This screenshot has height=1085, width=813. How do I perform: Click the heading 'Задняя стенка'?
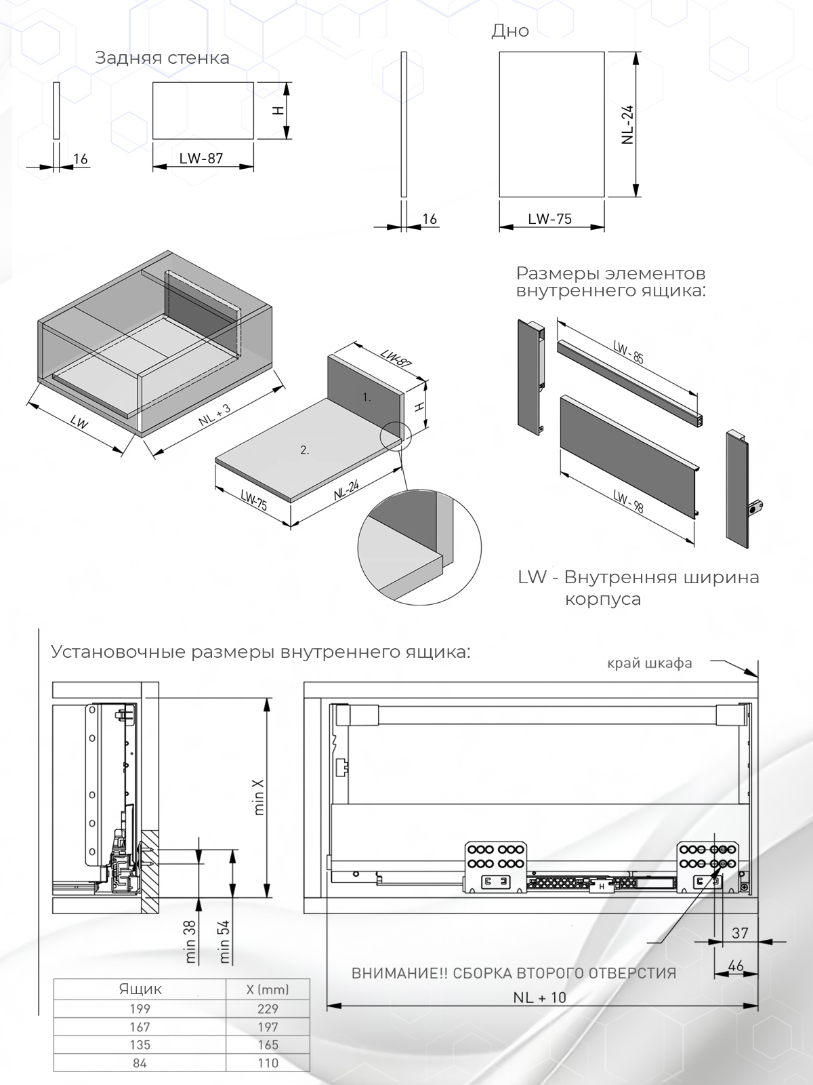162,58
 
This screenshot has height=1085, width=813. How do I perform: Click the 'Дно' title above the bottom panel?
510,31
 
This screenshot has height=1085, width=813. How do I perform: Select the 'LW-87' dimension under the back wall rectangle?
201,159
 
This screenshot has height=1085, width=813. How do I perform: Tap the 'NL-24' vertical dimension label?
627,124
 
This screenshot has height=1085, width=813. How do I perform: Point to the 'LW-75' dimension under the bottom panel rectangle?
550,219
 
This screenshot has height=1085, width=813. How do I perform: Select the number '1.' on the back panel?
367,398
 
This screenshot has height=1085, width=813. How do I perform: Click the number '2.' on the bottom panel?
305,450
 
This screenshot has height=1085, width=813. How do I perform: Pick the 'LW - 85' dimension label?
628,353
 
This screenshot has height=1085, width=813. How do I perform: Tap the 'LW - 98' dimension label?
628,500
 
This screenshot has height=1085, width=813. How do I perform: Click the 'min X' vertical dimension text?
259,796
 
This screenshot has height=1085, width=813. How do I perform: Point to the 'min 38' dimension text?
190,941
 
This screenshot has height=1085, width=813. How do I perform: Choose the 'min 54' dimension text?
225,941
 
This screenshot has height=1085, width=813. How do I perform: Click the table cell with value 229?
268,1009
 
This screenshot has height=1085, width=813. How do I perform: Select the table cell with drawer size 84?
140,1063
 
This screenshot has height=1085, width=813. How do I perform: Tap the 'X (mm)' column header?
268,989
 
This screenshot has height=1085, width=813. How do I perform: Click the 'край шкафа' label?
650,663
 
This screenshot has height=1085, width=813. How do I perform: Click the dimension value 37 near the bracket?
740,933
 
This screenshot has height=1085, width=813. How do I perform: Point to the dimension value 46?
735,966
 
